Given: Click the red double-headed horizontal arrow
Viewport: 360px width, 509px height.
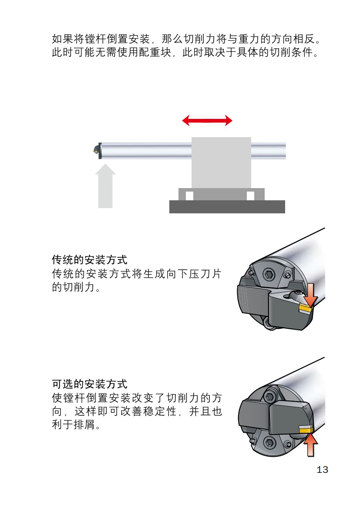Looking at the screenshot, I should click(x=207, y=121).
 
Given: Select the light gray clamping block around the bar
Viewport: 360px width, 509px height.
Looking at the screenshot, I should click(x=221, y=162).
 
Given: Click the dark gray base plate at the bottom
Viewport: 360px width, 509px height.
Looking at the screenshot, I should click(x=227, y=207).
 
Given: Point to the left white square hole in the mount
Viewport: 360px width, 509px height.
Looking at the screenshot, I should click(x=189, y=196).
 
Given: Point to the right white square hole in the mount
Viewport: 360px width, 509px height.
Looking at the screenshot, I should click(x=250, y=196).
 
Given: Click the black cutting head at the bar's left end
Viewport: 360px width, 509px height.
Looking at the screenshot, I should click(x=96, y=150).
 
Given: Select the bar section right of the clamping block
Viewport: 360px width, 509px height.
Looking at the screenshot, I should click(x=268, y=150).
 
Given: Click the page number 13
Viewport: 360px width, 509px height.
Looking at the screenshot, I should click(x=322, y=470).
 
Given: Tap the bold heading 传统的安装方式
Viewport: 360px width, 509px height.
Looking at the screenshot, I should click(x=90, y=260).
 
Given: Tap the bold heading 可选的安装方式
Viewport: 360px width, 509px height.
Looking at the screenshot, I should click(x=90, y=384).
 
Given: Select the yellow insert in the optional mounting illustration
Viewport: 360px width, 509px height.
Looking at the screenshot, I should click(x=306, y=428).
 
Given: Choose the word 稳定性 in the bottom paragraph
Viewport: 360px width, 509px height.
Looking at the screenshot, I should click(x=162, y=411).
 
